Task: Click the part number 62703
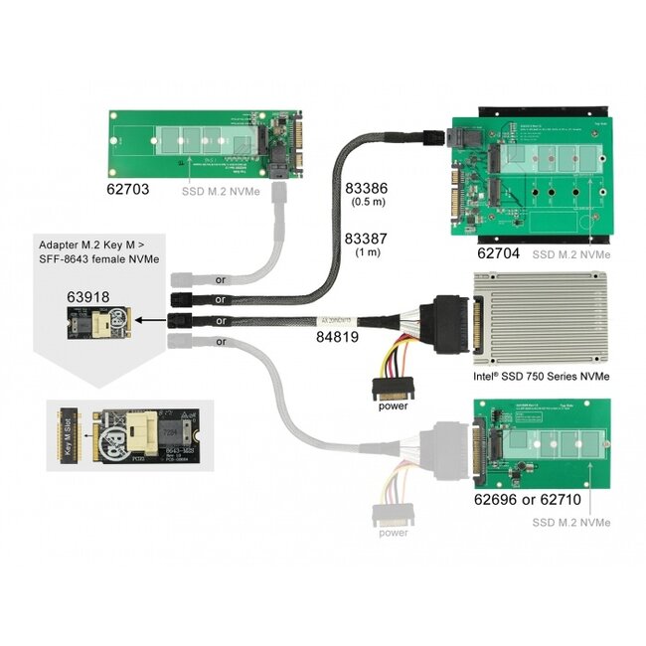click(x=128, y=185)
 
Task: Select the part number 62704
click(x=497, y=253)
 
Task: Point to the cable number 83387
click(x=365, y=239)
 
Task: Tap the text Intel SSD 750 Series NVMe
click(x=542, y=376)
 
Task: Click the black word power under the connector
click(x=393, y=405)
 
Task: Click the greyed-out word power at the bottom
click(x=393, y=533)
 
